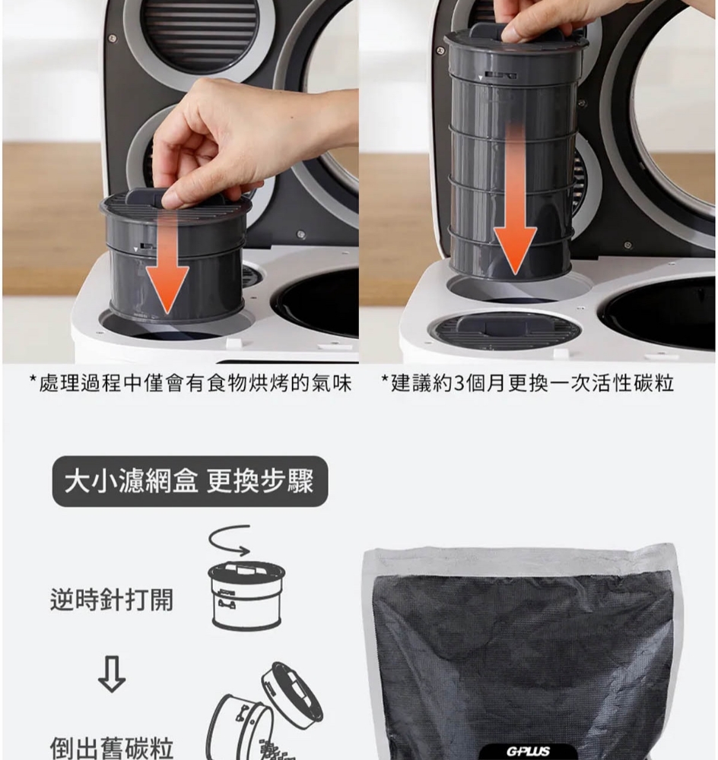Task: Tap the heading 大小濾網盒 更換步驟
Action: click(x=189, y=481)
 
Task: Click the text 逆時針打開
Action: click(x=112, y=600)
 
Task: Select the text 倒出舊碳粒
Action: click(x=112, y=747)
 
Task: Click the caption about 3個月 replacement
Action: click(x=528, y=383)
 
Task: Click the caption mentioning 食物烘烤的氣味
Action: click(x=190, y=383)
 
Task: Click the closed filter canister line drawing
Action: click(x=247, y=595)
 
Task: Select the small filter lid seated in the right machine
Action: click(x=504, y=330)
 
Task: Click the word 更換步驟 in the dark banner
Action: click(x=260, y=481)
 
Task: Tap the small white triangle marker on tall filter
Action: click(x=481, y=78)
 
